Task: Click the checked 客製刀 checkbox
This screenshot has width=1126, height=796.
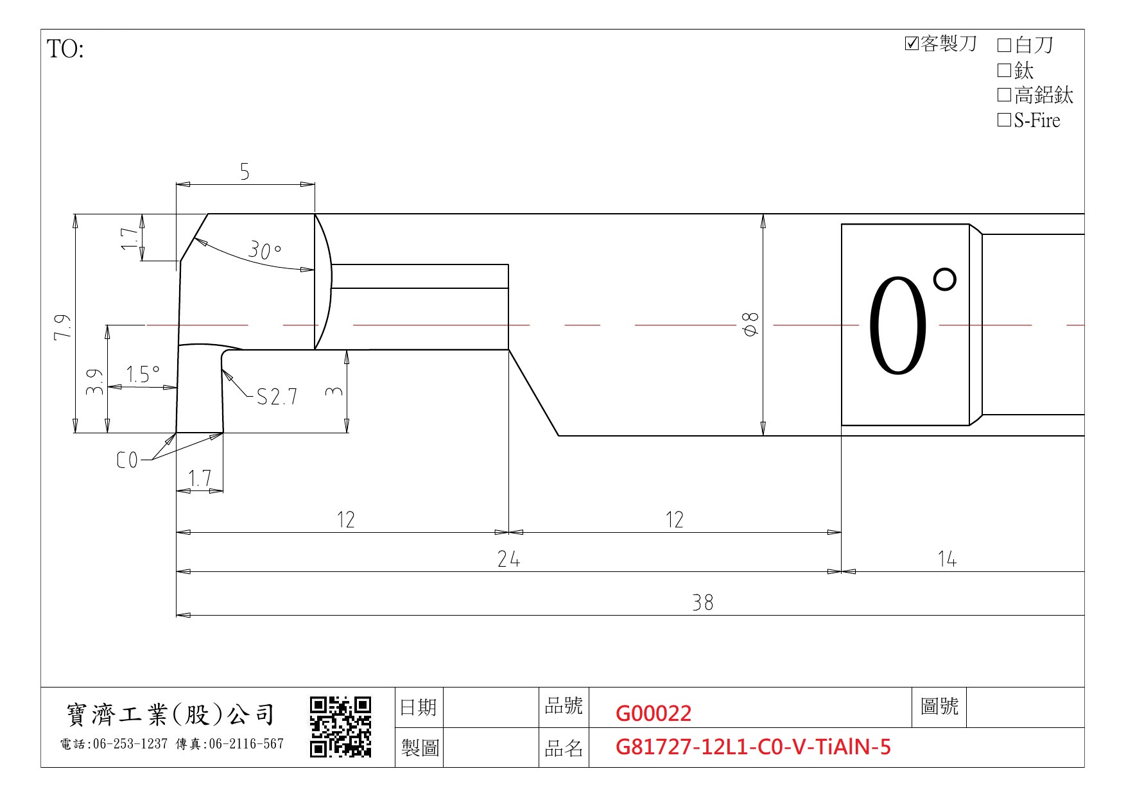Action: point(912,44)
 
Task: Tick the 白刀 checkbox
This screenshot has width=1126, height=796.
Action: point(1004,45)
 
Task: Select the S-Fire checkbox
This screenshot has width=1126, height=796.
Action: point(1004,120)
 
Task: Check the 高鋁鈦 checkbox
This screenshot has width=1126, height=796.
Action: point(1004,95)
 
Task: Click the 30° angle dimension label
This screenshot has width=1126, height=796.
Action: point(264,250)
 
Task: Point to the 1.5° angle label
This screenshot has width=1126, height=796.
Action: point(143,374)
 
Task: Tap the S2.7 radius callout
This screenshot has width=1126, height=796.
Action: point(277,397)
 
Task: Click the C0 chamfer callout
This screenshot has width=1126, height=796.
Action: point(127,460)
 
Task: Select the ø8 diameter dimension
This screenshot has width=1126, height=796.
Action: point(750,324)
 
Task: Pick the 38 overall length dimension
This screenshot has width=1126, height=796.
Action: point(702,602)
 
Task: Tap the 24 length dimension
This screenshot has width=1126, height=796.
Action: point(508,559)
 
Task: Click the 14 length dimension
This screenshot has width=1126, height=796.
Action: point(947,559)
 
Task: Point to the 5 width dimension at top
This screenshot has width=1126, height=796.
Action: point(245,171)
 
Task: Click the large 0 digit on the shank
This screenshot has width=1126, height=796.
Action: point(897,325)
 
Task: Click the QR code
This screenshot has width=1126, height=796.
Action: point(341,727)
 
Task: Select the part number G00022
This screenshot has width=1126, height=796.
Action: point(654,713)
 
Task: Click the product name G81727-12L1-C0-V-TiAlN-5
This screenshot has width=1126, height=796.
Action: point(753,747)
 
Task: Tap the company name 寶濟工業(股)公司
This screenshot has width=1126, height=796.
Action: point(171,714)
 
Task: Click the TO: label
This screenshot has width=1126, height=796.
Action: point(65,49)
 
